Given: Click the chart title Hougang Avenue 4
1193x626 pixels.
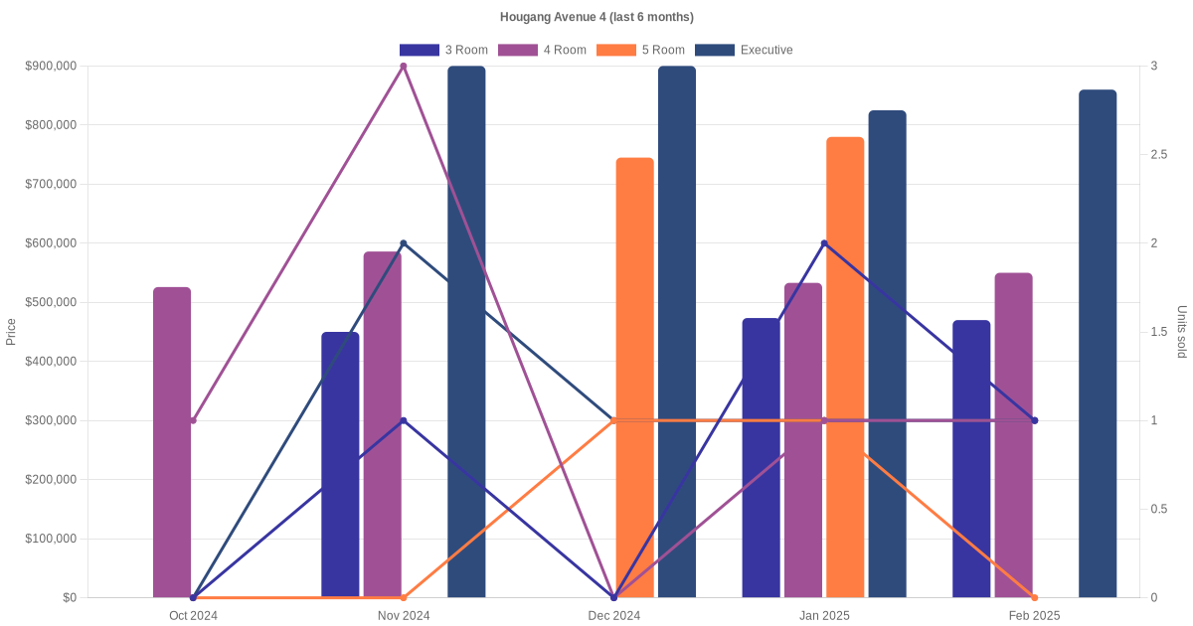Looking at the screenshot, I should tap(596, 17).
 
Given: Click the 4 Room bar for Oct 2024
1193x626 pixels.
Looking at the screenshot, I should tap(172, 442).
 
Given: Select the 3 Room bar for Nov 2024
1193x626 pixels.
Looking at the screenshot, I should tap(340, 465).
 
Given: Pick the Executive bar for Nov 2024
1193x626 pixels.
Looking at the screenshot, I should tap(466, 332).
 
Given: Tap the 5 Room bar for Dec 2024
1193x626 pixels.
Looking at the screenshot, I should tap(635, 378).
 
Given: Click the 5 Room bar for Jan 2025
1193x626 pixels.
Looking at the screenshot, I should tap(845, 368).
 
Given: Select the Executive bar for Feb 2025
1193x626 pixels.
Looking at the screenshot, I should tap(1098, 344).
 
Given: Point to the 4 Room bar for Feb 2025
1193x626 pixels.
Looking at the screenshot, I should tap(1013, 435).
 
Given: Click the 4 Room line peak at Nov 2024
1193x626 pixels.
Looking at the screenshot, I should tap(404, 67).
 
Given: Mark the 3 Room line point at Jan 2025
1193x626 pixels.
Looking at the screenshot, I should tap(824, 243).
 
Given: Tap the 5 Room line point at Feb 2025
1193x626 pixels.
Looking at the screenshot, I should tap(1035, 597).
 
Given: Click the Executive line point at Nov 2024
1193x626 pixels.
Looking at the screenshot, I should tap(404, 243).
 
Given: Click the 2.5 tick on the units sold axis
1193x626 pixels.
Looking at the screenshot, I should tap(1159, 155).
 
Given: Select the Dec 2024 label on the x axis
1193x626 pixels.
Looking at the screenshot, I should tap(614, 616).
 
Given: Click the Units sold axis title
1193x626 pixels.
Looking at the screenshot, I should tap(1181, 332).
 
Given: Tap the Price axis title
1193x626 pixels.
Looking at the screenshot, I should tap(11, 332).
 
